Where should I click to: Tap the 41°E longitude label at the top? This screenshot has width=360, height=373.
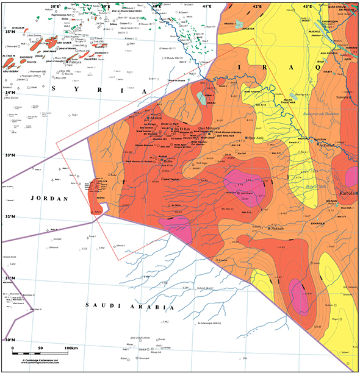point(207,5)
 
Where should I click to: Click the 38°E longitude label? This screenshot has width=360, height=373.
point(56,5)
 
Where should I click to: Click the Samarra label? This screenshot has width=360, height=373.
point(343,98)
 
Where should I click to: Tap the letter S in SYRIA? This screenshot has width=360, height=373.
point(55,89)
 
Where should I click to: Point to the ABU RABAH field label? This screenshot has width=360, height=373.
point(11,69)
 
